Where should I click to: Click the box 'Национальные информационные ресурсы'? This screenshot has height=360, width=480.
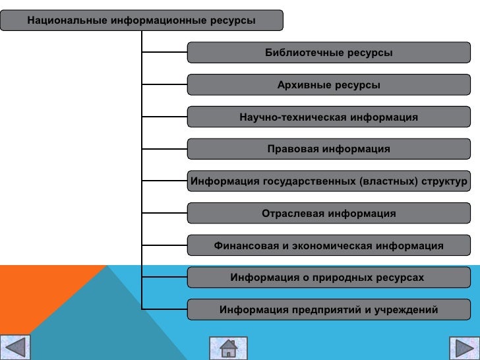[141, 20]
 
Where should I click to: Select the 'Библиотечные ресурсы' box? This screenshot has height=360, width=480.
[328, 53]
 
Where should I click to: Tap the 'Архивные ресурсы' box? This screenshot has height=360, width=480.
[328, 85]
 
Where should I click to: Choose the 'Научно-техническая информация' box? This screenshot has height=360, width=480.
[328, 117]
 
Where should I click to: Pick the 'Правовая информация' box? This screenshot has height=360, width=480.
[328, 149]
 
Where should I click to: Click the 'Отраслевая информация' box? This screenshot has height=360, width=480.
[328, 214]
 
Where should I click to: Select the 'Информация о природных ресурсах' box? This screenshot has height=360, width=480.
[328, 278]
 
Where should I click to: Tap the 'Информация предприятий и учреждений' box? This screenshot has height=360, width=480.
[328, 310]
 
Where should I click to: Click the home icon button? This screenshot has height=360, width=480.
[228, 347]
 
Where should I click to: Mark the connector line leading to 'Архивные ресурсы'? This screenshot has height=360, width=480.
[165, 85]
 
